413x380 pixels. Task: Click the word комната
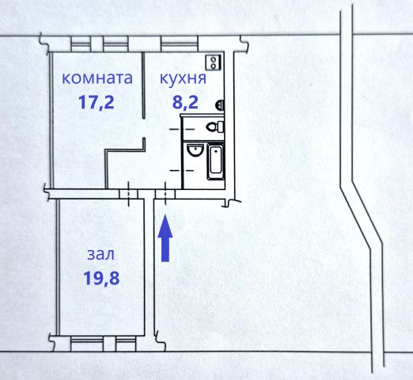click(x=97, y=78)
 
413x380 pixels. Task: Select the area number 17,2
click(x=97, y=102)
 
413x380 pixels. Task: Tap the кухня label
click(x=183, y=79)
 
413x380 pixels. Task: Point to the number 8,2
click(x=185, y=102)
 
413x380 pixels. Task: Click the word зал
click(x=101, y=255)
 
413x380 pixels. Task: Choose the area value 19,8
click(x=101, y=278)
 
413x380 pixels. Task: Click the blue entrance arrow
click(x=165, y=237)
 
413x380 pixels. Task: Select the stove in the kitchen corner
click(x=214, y=63)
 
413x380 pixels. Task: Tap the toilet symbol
click(x=214, y=127)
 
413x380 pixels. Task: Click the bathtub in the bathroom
click(x=216, y=161)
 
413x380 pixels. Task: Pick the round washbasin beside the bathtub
click(x=195, y=150)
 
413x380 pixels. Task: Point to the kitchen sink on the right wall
click(x=220, y=105)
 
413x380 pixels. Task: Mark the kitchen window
click(x=180, y=44)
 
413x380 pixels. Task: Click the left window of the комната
click(x=81, y=44)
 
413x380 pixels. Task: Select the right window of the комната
click(x=116, y=44)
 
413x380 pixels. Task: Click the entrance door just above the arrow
click(x=165, y=194)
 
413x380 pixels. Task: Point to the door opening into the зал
click(x=128, y=194)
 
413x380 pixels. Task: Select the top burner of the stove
click(x=214, y=59)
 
